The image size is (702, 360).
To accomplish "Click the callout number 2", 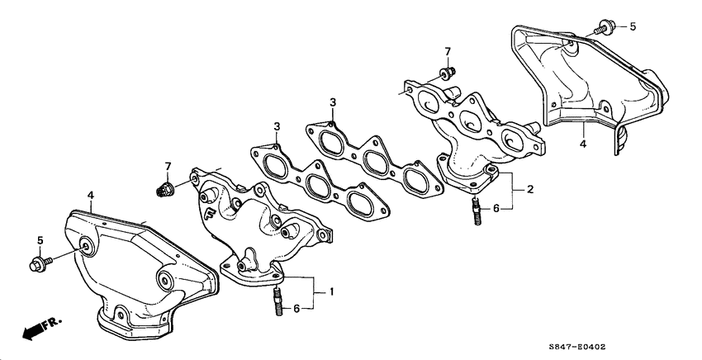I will [x=530, y=189].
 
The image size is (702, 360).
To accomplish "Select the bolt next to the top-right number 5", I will [x=602, y=29].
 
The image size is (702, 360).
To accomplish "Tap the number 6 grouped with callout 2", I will [x=496, y=209].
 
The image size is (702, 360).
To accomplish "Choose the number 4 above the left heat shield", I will [x=91, y=195].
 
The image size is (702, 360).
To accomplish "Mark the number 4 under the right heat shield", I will [x=583, y=144].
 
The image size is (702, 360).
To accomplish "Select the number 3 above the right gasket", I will [x=332, y=102].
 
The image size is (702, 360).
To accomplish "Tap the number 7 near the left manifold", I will [x=168, y=167].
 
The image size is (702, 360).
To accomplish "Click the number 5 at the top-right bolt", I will [x=633, y=27].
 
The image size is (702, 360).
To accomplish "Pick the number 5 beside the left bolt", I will [x=38, y=240].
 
